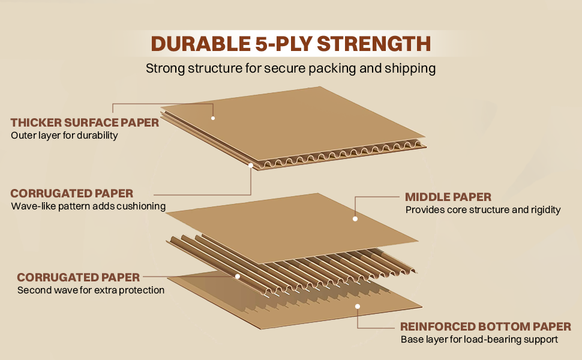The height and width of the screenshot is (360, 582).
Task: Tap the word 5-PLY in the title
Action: (281, 44)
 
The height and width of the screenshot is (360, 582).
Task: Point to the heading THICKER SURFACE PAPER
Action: (85, 123)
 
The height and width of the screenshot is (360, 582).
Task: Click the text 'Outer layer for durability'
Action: (64, 136)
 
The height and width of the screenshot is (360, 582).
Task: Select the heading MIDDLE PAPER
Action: (448, 197)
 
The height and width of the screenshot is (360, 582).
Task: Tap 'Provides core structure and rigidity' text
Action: (483, 210)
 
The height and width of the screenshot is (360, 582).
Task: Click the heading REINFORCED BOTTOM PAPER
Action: (485, 327)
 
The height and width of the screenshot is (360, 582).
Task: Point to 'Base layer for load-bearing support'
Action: (479, 340)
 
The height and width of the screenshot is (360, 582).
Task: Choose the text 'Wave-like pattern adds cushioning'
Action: (88, 206)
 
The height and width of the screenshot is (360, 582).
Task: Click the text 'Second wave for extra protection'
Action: (91, 290)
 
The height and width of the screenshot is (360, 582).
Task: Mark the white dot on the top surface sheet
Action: (213, 118)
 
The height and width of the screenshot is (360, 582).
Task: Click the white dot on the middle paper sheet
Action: (355, 219)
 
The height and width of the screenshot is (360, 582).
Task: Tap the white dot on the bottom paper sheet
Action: (358, 306)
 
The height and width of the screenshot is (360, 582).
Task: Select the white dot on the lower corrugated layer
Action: (238, 277)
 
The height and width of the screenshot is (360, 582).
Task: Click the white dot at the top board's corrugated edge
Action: (250, 164)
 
